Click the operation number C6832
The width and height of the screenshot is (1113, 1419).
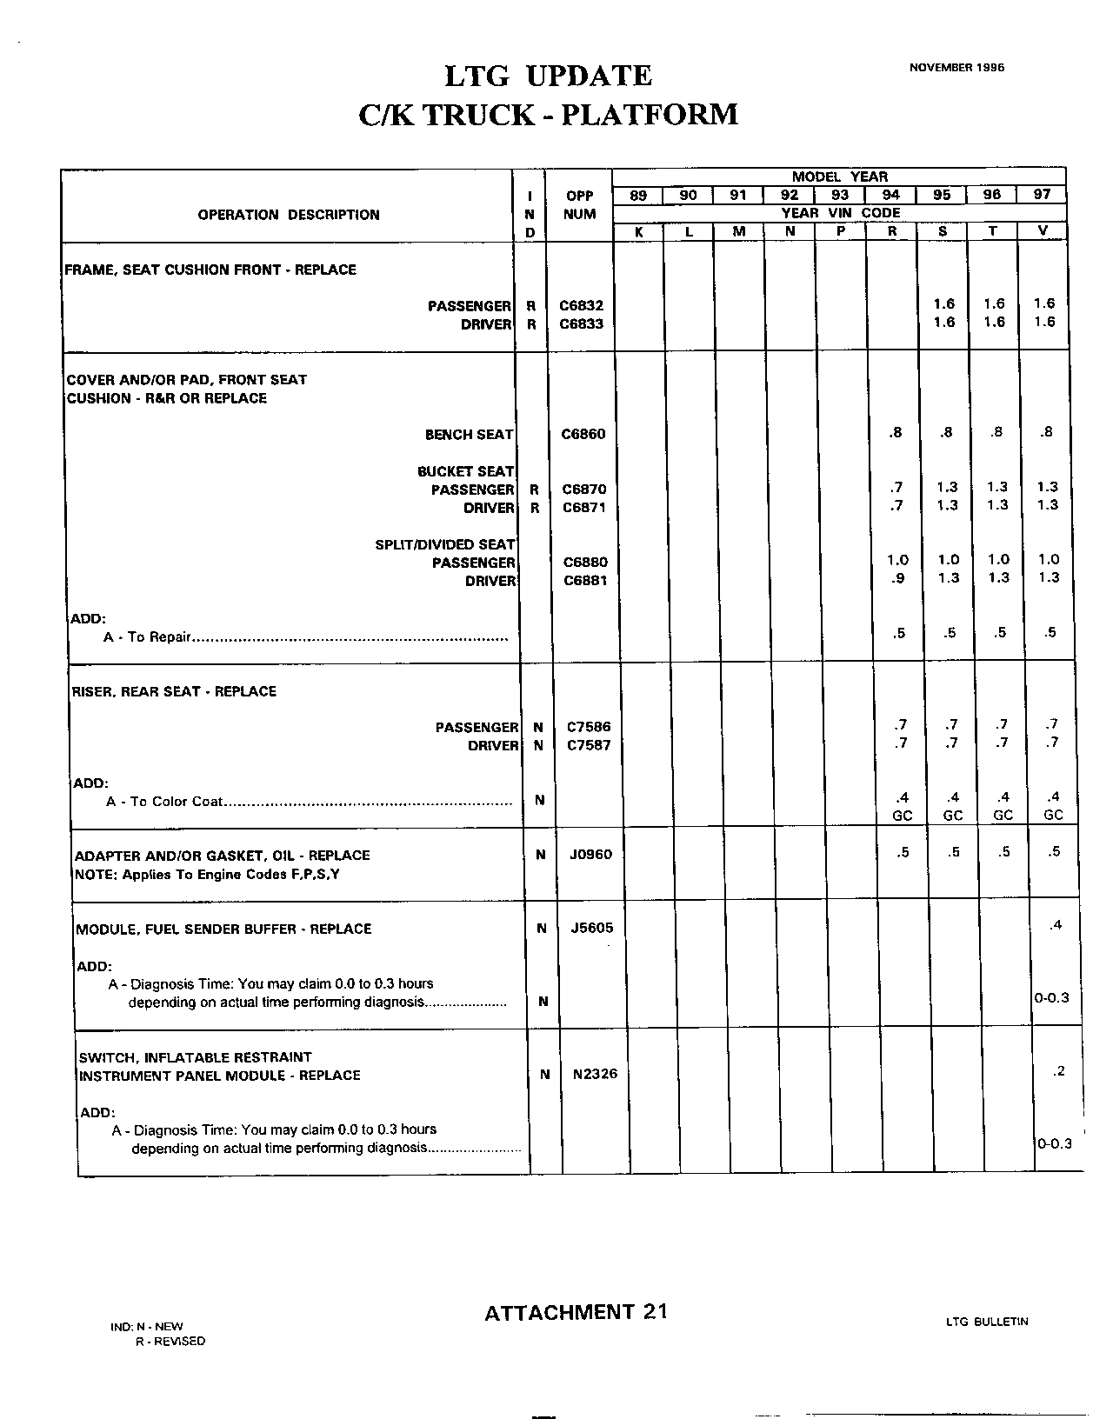click(x=582, y=305)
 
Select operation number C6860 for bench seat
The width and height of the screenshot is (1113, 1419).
click(x=583, y=434)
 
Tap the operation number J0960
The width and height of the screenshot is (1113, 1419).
click(x=591, y=855)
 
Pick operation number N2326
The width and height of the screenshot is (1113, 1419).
click(x=595, y=1074)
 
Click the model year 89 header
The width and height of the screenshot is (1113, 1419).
click(x=638, y=196)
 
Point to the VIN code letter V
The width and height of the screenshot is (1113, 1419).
click(x=1043, y=231)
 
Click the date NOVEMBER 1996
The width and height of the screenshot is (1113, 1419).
click(x=956, y=67)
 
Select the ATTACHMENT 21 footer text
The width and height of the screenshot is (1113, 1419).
click(x=576, y=1312)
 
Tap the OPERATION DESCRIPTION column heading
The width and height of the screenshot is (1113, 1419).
click(x=289, y=215)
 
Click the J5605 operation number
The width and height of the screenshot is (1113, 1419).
click(x=592, y=928)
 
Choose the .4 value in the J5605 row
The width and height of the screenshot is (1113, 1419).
click(x=1055, y=925)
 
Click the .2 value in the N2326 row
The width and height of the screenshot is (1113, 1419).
click(x=1057, y=1071)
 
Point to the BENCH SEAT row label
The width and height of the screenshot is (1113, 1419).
click(x=469, y=435)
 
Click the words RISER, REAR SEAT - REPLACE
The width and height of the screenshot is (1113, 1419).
click(x=174, y=691)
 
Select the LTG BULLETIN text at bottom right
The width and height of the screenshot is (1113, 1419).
click(x=987, y=1322)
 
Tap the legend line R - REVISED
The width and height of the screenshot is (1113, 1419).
click(x=170, y=1341)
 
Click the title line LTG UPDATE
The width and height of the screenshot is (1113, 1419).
click(x=548, y=77)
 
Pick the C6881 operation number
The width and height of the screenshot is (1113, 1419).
click(x=586, y=580)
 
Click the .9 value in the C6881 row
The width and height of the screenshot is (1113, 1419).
click(x=897, y=577)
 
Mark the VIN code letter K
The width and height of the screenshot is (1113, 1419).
click(x=639, y=232)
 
